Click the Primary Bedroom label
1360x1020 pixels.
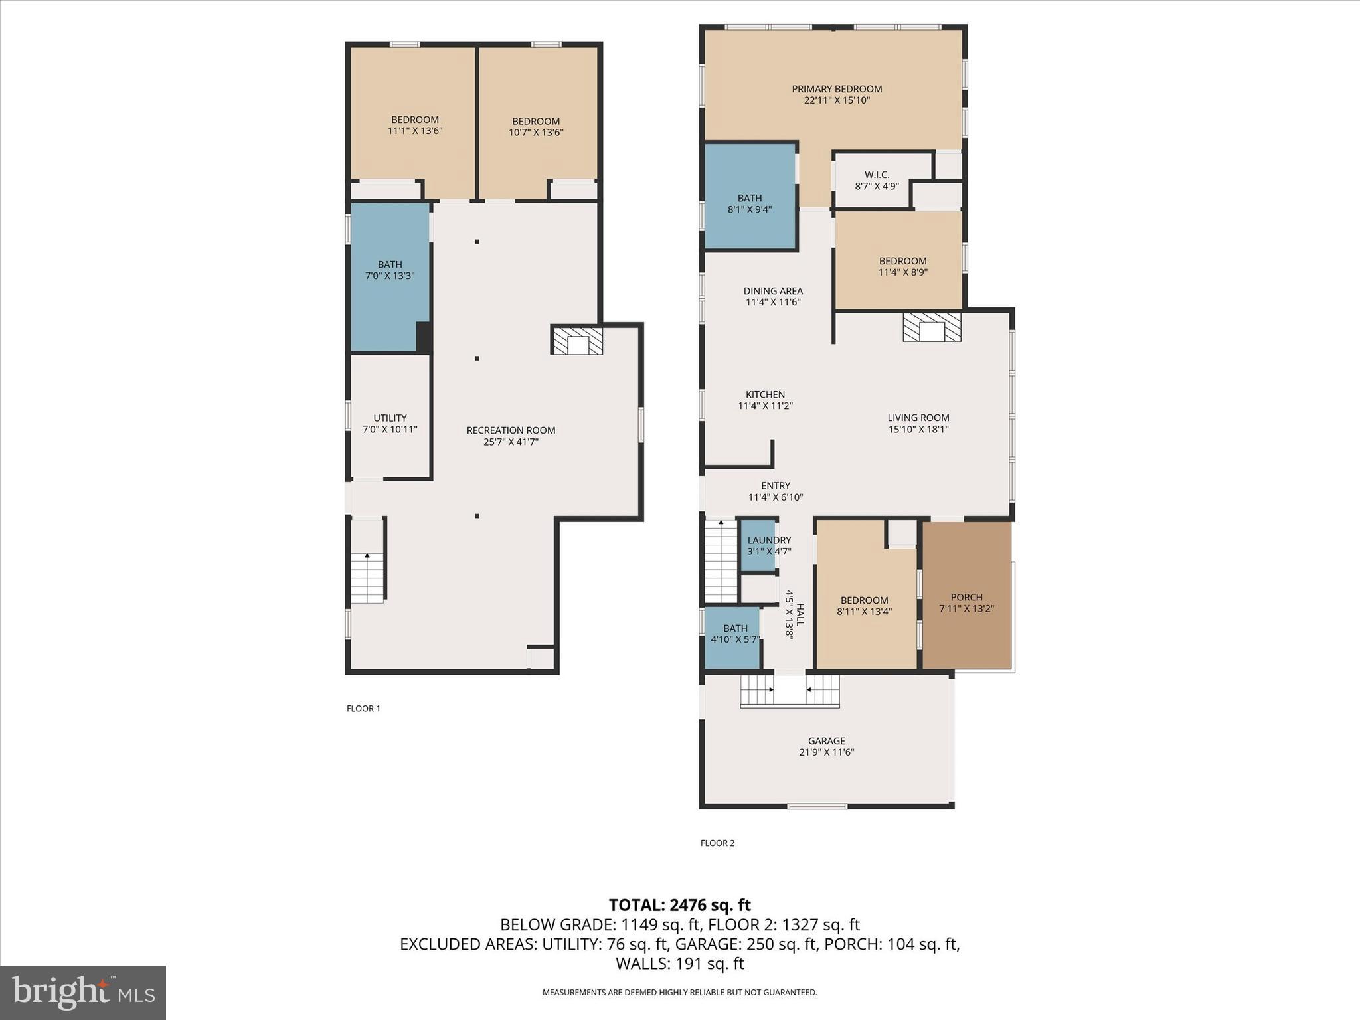(x=836, y=89)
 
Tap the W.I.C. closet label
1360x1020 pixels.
(x=877, y=175)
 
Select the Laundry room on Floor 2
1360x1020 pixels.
(x=758, y=545)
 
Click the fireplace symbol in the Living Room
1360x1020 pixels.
(x=932, y=327)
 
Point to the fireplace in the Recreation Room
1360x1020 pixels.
(x=577, y=340)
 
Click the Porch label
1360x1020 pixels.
(x=966, y=597)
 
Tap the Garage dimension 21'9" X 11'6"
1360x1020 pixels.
(x=826, y=752)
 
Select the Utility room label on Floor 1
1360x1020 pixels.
(x=390, y=418)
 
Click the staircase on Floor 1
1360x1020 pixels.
(x=367, y=577)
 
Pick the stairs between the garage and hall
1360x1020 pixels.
(x=790, y=690)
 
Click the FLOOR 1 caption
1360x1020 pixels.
(x=363, y=709)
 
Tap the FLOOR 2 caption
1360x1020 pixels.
(x=717, y=843)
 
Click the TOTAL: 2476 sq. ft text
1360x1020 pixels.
(x=679, y=905)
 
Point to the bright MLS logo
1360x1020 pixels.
(x=83, y=993)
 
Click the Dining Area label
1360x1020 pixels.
(x=773, y=291)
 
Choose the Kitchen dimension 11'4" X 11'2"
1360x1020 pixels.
(x=765, y=406)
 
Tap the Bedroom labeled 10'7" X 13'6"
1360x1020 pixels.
(x=536, y=127)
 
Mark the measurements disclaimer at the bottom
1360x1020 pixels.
(x=679, y=993)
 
